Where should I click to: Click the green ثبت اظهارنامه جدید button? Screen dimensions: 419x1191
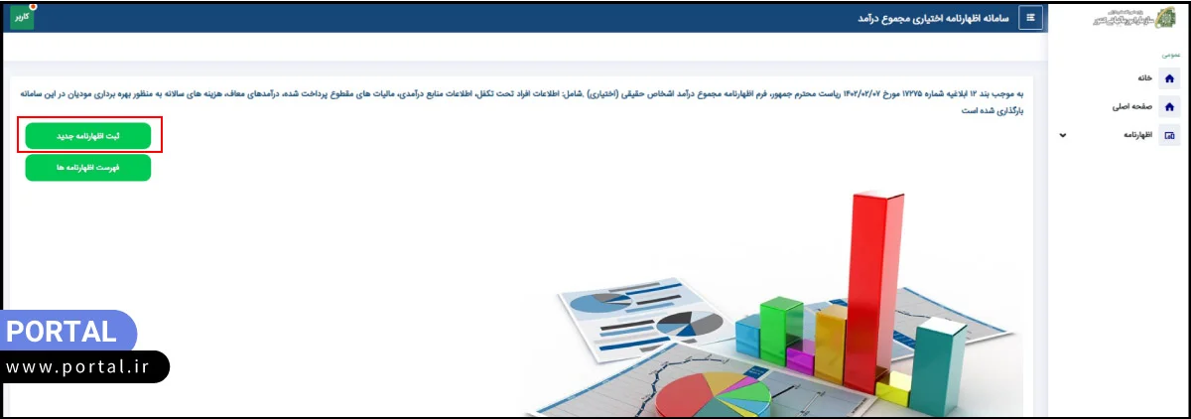click(88, 136)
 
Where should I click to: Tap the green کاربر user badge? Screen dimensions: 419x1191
click(21, 17)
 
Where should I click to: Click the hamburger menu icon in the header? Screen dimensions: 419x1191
click(1030, 18)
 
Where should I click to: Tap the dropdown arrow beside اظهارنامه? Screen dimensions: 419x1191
click(1063, 135)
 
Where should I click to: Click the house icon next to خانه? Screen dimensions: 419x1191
click(1169, 78)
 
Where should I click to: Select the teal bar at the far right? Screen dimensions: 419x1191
click(938, 367)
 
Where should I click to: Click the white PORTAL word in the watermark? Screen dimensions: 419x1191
click(62, 332)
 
